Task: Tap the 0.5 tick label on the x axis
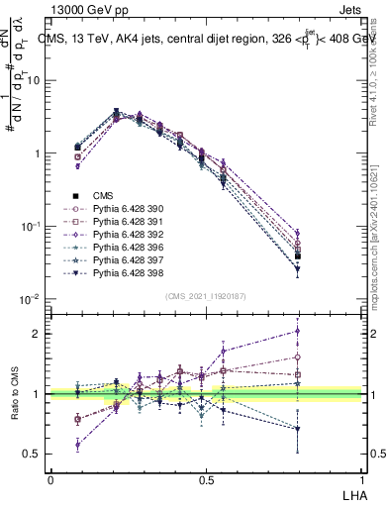point(205,478)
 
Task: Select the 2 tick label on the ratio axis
point(37,334)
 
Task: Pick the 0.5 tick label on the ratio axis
point(33,454)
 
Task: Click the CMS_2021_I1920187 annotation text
point(205,296)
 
